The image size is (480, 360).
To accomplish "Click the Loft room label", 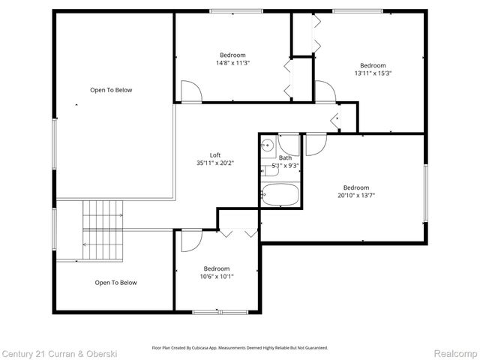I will pos(214,154).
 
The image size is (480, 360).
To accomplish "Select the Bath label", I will pos(285,157).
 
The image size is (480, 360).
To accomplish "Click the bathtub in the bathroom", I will pos(280,194).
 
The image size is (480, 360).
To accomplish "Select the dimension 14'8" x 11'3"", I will pos(232,63).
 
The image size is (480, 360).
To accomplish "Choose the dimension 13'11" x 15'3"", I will pos(372,73).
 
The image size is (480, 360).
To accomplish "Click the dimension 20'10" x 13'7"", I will pos(356,195).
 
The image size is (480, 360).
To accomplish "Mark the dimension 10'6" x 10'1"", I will pos(217,276).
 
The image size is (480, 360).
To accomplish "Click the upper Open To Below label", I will pos(111,90).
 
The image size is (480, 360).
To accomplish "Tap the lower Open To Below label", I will pos(115,283).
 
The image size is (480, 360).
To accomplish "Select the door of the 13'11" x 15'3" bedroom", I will pos(325,91).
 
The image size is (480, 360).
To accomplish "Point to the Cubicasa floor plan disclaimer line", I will pos(239,348).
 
